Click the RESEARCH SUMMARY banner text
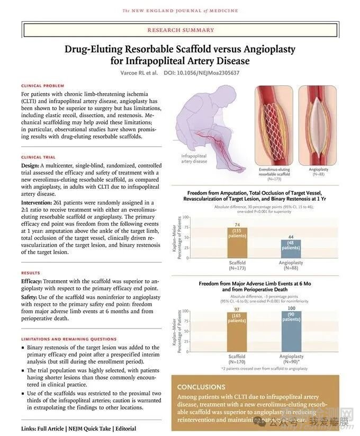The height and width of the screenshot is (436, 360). (x=181, y=30)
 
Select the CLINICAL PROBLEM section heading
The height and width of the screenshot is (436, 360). (x=42, y=85)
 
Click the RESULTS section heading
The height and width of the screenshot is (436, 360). (x=31, y=273)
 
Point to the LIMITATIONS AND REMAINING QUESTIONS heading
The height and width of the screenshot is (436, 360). (x=69, y=339)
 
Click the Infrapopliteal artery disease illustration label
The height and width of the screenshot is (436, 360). (x=194, y=158)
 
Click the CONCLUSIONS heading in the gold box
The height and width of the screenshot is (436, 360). (x=201, y=387)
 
